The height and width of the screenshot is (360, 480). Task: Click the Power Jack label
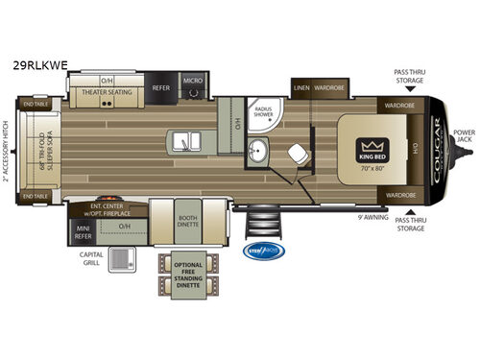(x=464, y=136)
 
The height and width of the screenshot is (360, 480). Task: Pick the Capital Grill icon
(x=122, y=259)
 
